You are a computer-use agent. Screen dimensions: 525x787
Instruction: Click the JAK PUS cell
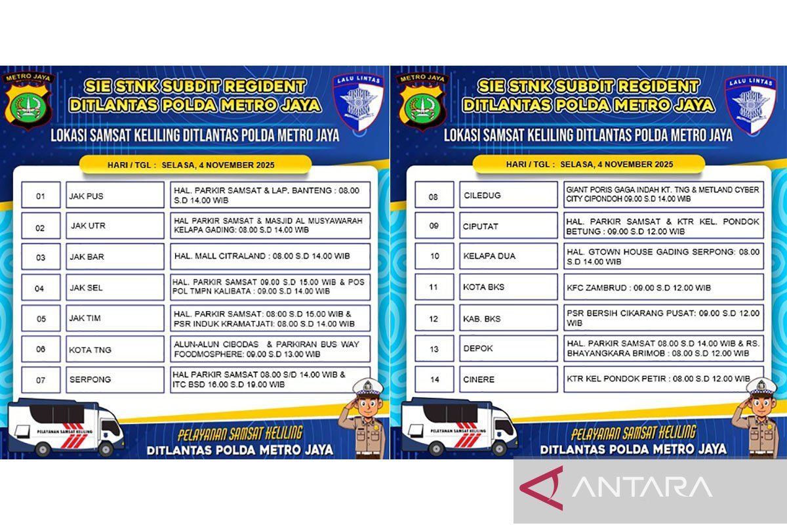click(115, 196)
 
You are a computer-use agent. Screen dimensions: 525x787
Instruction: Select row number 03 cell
click(41, 257)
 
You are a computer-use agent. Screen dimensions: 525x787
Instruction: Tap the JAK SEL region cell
click(115, 287)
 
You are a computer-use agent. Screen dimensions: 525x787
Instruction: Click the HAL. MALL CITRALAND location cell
click(270, 257)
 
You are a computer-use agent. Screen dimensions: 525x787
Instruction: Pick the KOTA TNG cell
click(115, 349)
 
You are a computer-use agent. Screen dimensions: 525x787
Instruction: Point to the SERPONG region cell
click(115, 380)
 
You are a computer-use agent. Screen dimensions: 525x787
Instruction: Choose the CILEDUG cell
click(508, 196)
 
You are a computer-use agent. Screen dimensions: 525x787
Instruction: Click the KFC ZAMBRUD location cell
click(663, 287)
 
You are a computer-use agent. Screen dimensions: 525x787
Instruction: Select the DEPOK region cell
click(508, 349)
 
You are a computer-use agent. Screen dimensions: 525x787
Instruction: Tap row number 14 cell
click(434, 380)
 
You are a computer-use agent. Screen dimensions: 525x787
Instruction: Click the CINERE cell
click(508, 380)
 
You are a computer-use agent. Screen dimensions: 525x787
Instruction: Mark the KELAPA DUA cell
click(508, 257)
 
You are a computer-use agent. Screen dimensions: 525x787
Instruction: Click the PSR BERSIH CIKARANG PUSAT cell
click(663, 318)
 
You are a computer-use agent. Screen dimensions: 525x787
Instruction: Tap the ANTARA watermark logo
click(616, 488)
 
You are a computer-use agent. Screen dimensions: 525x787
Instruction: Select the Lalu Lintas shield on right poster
click(750, 102)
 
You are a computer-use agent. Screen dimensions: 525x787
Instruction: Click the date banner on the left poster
click(194, 165)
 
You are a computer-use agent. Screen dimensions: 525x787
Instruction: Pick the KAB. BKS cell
click(508, 318)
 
